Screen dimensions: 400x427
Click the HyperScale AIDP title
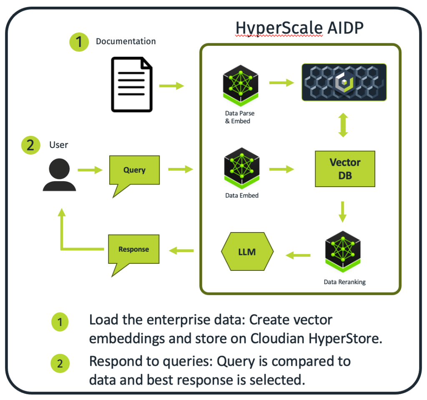click(x=299, y=28)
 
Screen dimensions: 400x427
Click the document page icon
click(x=131, y=85)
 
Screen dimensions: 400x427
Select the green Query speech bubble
click(x=134, y=171)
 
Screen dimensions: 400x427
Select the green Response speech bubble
click(x=133, y=250)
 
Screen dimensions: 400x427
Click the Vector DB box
click(x=345, y=168)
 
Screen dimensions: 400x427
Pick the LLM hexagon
click(x=247, y=252)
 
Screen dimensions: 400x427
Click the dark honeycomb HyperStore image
click(x=344, y=82)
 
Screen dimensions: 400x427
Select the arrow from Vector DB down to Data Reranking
click(x=343, y=212)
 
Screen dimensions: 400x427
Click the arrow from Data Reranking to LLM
click(x=298, y=255)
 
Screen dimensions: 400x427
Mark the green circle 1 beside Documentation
click(x=79, y=42)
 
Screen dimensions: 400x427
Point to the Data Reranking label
click(x=344, y=282)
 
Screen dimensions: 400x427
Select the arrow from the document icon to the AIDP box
click(x=171, y=86)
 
